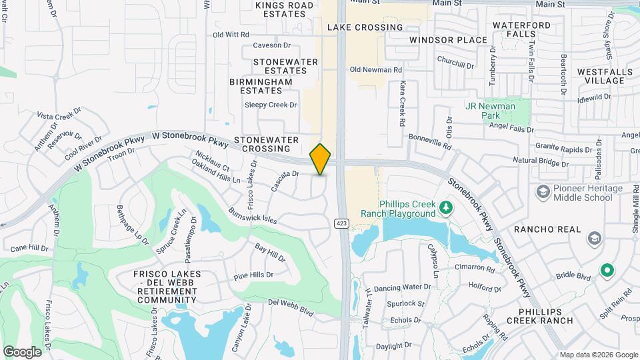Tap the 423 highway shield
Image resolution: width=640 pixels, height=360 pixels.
pyautogui.click(x=341, y=223)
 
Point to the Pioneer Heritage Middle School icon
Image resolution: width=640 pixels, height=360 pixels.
pyautogui.click(x=542, y=193)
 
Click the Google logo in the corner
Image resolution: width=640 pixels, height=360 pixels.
pyautogui.click(x=22, y=351)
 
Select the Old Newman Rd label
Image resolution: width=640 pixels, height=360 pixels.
pyautogui.click(x=375, y=69)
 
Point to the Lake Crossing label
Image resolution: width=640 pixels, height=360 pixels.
pyautogui.click(x=365, y=27)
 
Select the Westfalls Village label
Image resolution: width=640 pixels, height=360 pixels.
pyautogui.click(x=601, y=76)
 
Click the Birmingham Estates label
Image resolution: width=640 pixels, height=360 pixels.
pyautogui.click(x=261, y=86)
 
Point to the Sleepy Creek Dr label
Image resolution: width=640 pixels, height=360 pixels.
pyautogui.click(x=270, y=105)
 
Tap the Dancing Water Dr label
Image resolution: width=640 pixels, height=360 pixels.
pyautogui.click(x=402, y=287)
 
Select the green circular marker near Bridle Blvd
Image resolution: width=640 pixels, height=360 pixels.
pyautogui.click(x=606, y=271)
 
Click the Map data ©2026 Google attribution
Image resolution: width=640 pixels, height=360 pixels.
pyautogui.click(x=599, y=354)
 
